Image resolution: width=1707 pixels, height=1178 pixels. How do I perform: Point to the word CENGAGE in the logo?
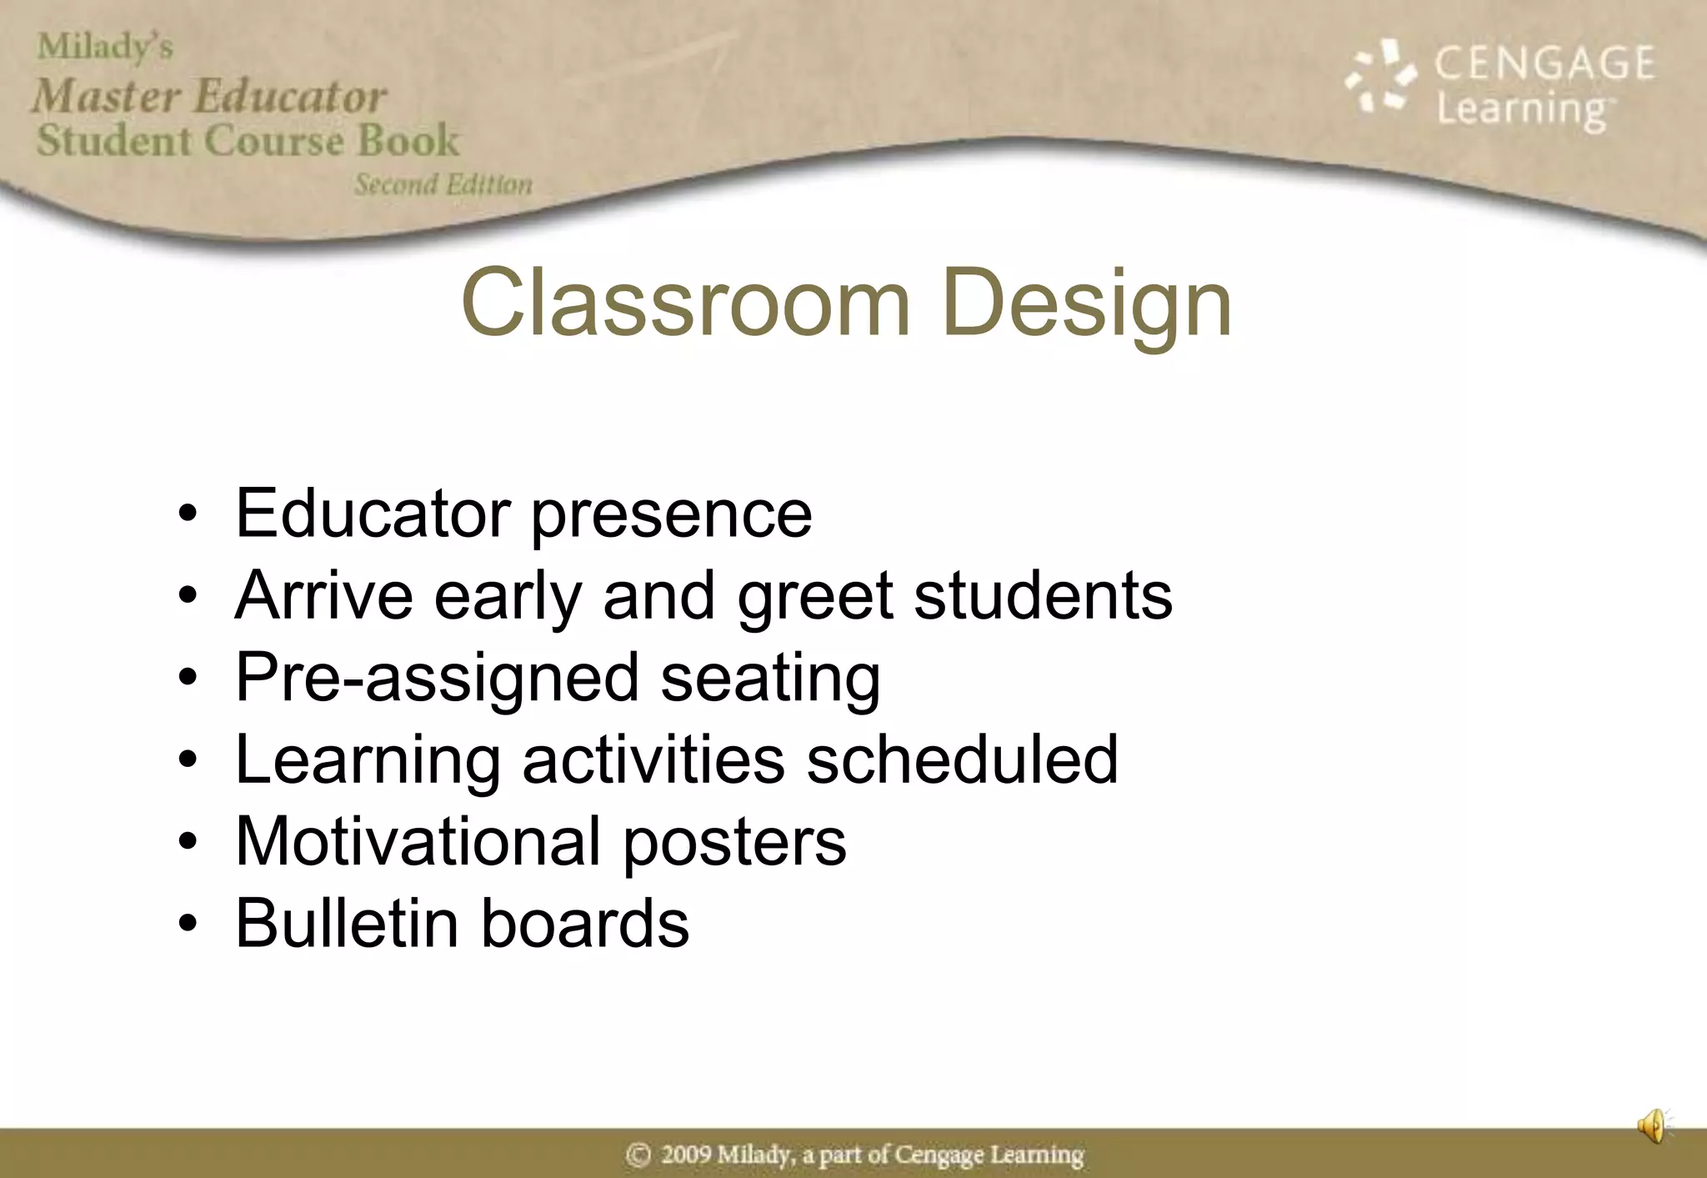1544,63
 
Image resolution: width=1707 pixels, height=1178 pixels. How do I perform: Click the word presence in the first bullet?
671,515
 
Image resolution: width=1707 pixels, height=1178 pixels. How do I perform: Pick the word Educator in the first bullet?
373,514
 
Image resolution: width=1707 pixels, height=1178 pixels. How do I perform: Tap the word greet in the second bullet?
815,597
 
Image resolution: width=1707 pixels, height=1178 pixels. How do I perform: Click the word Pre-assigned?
437,679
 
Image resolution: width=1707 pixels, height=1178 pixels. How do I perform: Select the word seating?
770,679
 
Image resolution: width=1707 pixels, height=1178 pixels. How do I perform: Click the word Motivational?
418,841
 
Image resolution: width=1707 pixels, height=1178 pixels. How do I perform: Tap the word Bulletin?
347,923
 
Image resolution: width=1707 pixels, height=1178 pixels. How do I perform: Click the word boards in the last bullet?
585,923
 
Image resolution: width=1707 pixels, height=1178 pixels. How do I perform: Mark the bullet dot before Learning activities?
188,759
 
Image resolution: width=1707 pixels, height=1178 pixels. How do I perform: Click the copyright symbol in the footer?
638,1155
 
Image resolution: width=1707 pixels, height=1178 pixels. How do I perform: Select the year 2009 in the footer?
686,1155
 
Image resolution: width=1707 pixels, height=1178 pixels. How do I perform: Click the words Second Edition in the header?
443,184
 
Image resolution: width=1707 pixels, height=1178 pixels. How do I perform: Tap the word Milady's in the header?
105,47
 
